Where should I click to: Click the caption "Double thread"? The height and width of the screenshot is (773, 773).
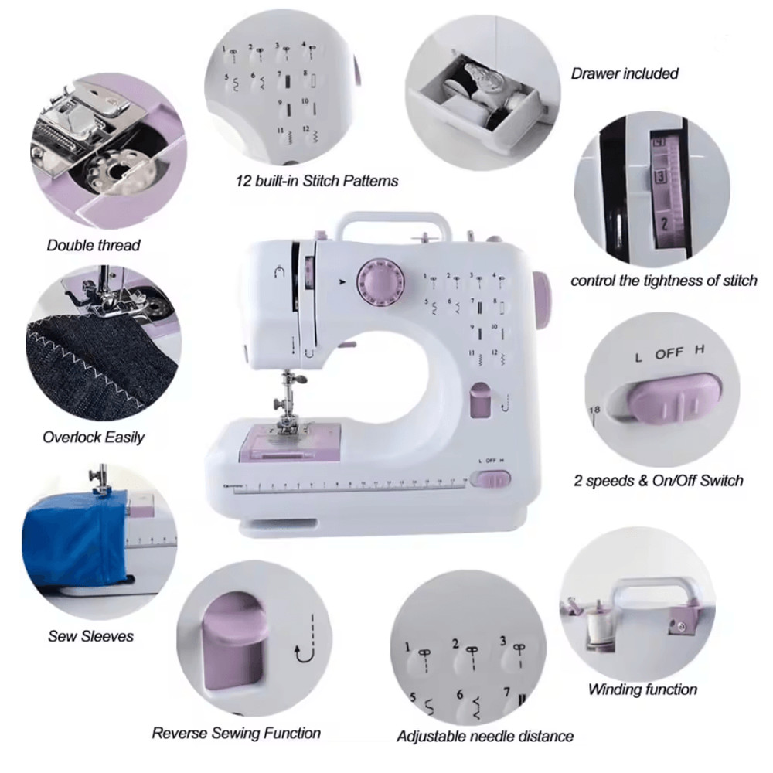pos(94,246)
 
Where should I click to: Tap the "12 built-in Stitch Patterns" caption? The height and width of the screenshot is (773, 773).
pos(317,181)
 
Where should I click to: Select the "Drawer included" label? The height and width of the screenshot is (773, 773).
pos(625,73)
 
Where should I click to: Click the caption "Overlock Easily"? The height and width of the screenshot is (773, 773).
pos(94,437)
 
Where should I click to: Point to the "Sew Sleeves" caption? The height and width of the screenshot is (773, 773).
pos(90,636)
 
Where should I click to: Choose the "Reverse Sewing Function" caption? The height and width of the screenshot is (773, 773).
pos(236,733)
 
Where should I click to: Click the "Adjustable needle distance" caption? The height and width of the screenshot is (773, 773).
pos(485,736)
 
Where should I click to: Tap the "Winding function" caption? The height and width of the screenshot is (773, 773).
pos(642,690)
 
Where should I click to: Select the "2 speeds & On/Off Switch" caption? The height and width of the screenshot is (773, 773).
pos(658,480)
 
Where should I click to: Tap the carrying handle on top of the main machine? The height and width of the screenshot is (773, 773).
pos(393,220)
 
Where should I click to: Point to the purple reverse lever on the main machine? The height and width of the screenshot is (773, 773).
pos(480,400)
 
